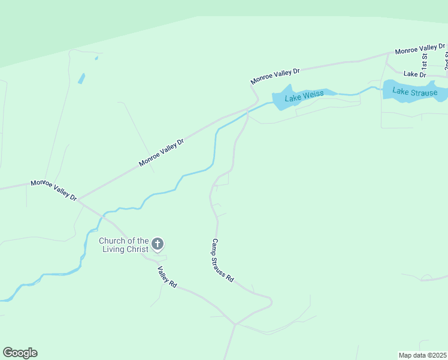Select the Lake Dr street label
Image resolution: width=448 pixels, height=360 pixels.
414,74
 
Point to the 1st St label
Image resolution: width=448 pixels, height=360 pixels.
424,60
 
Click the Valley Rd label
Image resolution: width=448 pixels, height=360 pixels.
167,277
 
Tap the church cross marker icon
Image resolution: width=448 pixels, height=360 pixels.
157,244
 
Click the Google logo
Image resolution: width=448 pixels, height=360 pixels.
20,353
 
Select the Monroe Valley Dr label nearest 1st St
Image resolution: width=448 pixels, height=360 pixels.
420,49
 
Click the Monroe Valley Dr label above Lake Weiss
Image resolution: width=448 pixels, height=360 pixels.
275,76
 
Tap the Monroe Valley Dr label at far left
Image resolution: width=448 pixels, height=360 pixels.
54,190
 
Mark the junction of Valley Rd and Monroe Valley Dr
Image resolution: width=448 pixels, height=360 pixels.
78,199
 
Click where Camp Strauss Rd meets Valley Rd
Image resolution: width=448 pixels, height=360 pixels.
236,325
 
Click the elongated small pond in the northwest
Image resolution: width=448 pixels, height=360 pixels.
81,79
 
